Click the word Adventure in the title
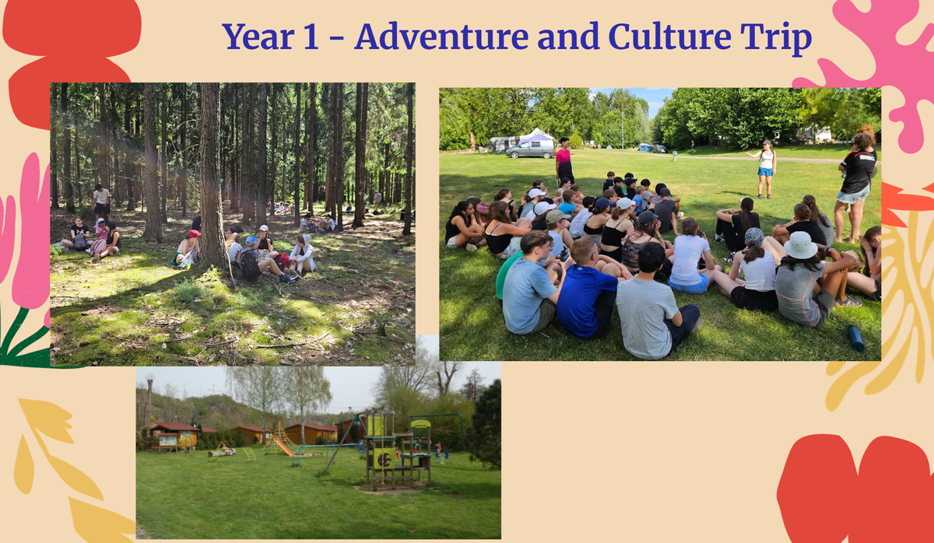click(442, 37)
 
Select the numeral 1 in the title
click(311, 37)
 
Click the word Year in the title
click(258, 37)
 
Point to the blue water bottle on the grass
click(856, 338)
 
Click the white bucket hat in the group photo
click(801, 246)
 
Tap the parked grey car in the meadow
click(530, 149)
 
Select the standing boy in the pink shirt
click(564, 160)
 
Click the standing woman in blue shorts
click(765, 169)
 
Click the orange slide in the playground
click(283, 447)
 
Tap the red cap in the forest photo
click(194, 234)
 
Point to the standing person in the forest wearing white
click(102, 202)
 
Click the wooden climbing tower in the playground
click(399, 448)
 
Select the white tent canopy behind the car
click(537, 136)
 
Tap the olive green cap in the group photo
click(557, 216)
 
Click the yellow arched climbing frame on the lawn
click(249, 454)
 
